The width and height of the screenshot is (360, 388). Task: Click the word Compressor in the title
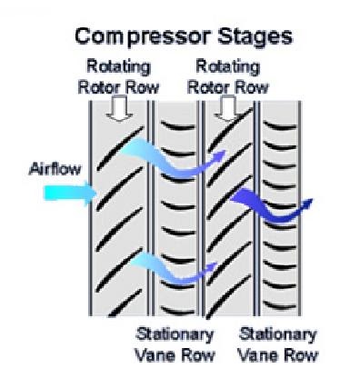pos(135,37)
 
